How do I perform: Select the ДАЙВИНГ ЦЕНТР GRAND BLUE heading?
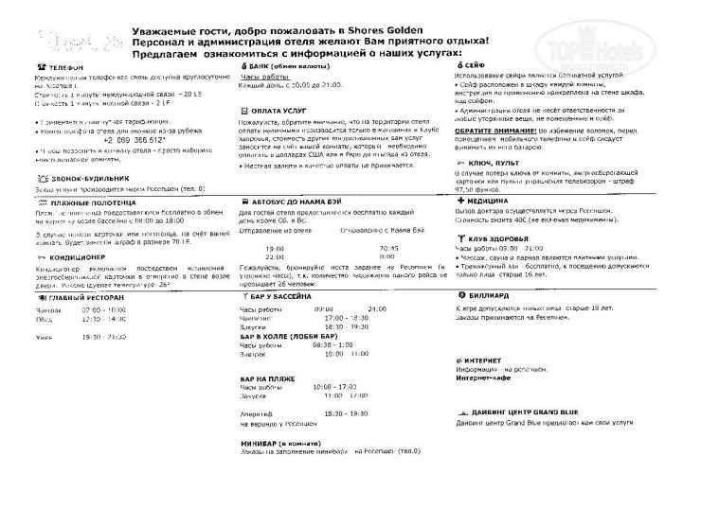tap(523, 413)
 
